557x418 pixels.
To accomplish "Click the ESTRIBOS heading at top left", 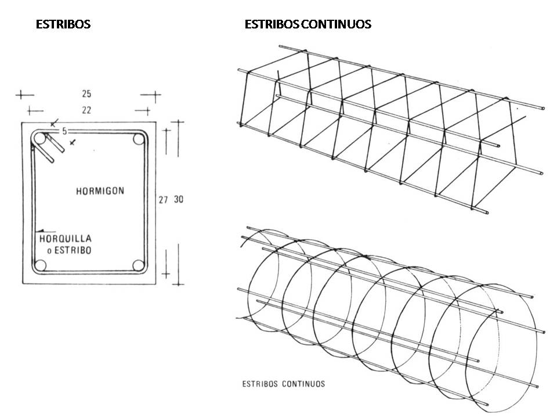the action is tap(63, 24).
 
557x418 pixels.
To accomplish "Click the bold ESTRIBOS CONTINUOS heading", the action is tap(308, 24).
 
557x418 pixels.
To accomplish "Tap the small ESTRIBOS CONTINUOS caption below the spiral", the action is tap(284, 384).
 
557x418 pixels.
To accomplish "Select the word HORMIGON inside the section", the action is tap(100, 191).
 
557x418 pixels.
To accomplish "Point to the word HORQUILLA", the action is tap(66, 239).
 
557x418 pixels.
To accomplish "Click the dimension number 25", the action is tap(86, 94).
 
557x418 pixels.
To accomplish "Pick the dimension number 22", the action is tap(86, 110).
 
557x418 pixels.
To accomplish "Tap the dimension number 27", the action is tap(163, 200).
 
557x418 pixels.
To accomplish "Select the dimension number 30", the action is tap(179, 199).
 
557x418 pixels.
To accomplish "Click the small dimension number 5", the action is tap(64, 131).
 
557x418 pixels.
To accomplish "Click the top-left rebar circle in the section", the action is tap(40, 138).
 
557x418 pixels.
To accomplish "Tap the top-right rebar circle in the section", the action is tap(139, 139).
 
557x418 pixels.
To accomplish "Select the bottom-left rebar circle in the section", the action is tap(41, 265).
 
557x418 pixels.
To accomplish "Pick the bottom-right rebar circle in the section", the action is tap(139, 265).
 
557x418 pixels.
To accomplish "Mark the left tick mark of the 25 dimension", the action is tap(21, 95).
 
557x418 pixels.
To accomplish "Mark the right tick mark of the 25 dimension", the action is tap(155, 95).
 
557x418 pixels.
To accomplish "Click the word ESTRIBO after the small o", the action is tap(73, 250).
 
